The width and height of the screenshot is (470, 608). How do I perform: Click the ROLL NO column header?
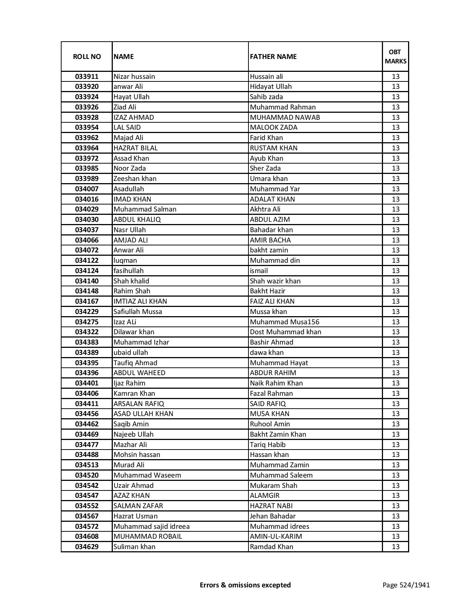[x=87, y=56]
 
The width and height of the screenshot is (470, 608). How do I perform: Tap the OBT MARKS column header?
[x=396, y=56]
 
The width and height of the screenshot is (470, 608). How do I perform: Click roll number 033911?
[x=87, y=77]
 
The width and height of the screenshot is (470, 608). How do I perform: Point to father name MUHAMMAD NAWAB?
[x=285, y=118]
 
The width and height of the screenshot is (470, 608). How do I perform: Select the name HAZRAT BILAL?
[x=136, y=148]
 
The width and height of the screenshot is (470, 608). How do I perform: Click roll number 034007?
[x=87, y=189]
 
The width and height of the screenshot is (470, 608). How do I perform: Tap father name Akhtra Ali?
[x=265, y=209]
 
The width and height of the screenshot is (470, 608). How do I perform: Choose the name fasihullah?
[x=129, y=271]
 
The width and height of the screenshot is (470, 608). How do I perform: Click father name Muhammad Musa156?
[x=285, y=322]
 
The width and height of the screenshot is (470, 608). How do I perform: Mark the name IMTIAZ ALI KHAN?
[x=140, y=301]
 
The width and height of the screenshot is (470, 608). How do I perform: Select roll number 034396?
[x=87, y=373]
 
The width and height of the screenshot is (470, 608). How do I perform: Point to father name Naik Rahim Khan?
[x=276, y=383]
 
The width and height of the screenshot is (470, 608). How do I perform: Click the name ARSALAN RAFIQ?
[x=139, y=404]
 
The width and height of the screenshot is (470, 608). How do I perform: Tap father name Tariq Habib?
[x=268, y=445]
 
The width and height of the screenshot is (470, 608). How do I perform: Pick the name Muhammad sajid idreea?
[x=152, y=527]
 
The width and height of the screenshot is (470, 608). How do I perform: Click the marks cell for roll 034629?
[x=396, y=547]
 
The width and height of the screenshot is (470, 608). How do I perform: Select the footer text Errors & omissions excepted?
[x=245, y=585]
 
